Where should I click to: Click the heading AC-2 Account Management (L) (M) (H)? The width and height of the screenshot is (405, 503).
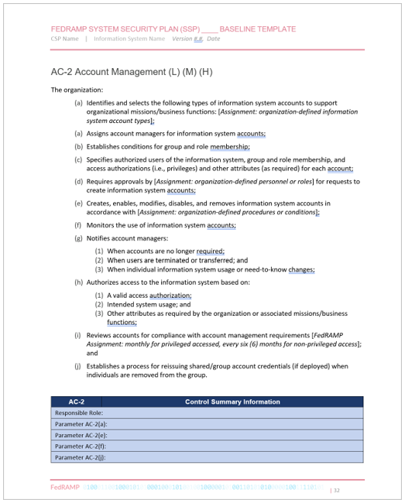(132, 72)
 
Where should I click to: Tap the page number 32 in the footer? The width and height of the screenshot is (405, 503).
(335, 490)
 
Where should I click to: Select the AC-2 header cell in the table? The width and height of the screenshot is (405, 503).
(76, 402)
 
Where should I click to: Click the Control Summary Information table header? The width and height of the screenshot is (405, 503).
(232, 402)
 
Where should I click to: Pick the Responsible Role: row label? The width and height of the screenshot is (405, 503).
(80, 412)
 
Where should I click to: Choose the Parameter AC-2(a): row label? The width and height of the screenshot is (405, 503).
(81, 424)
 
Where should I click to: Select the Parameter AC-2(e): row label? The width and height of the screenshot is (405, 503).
(81, 435)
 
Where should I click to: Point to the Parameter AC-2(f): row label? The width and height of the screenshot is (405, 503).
(81, 446)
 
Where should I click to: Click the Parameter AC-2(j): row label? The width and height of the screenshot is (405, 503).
(81, 457)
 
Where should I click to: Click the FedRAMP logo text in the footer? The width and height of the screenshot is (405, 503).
(64, 488)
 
